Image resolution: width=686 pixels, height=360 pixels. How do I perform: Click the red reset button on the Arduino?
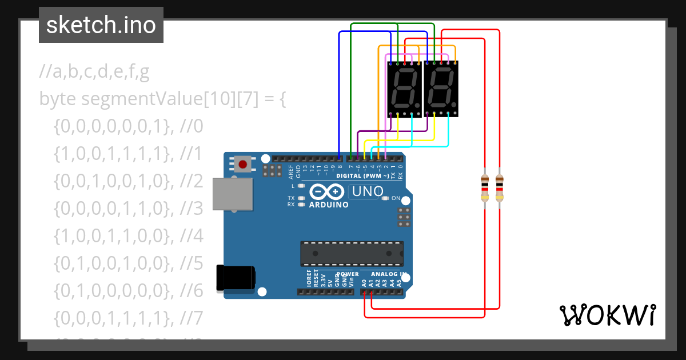click(243, 165)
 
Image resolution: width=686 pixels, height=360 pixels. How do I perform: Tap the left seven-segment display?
click(405, 89)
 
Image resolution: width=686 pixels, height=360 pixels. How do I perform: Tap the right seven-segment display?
click(441, 89)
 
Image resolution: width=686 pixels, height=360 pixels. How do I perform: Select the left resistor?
click(485, 188)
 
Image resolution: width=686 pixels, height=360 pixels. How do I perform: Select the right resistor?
click(500, 188)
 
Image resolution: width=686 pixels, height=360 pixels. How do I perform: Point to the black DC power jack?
click(234, 278)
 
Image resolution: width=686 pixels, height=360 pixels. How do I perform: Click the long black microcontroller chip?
click(352, 254)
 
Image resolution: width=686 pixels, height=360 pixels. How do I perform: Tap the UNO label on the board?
click(367, 191)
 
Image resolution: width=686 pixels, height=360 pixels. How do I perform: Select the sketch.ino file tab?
click(101, 25)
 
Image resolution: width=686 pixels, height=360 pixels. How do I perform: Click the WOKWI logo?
click(607, 315)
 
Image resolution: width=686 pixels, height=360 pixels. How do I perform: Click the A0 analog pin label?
click(364, 282)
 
